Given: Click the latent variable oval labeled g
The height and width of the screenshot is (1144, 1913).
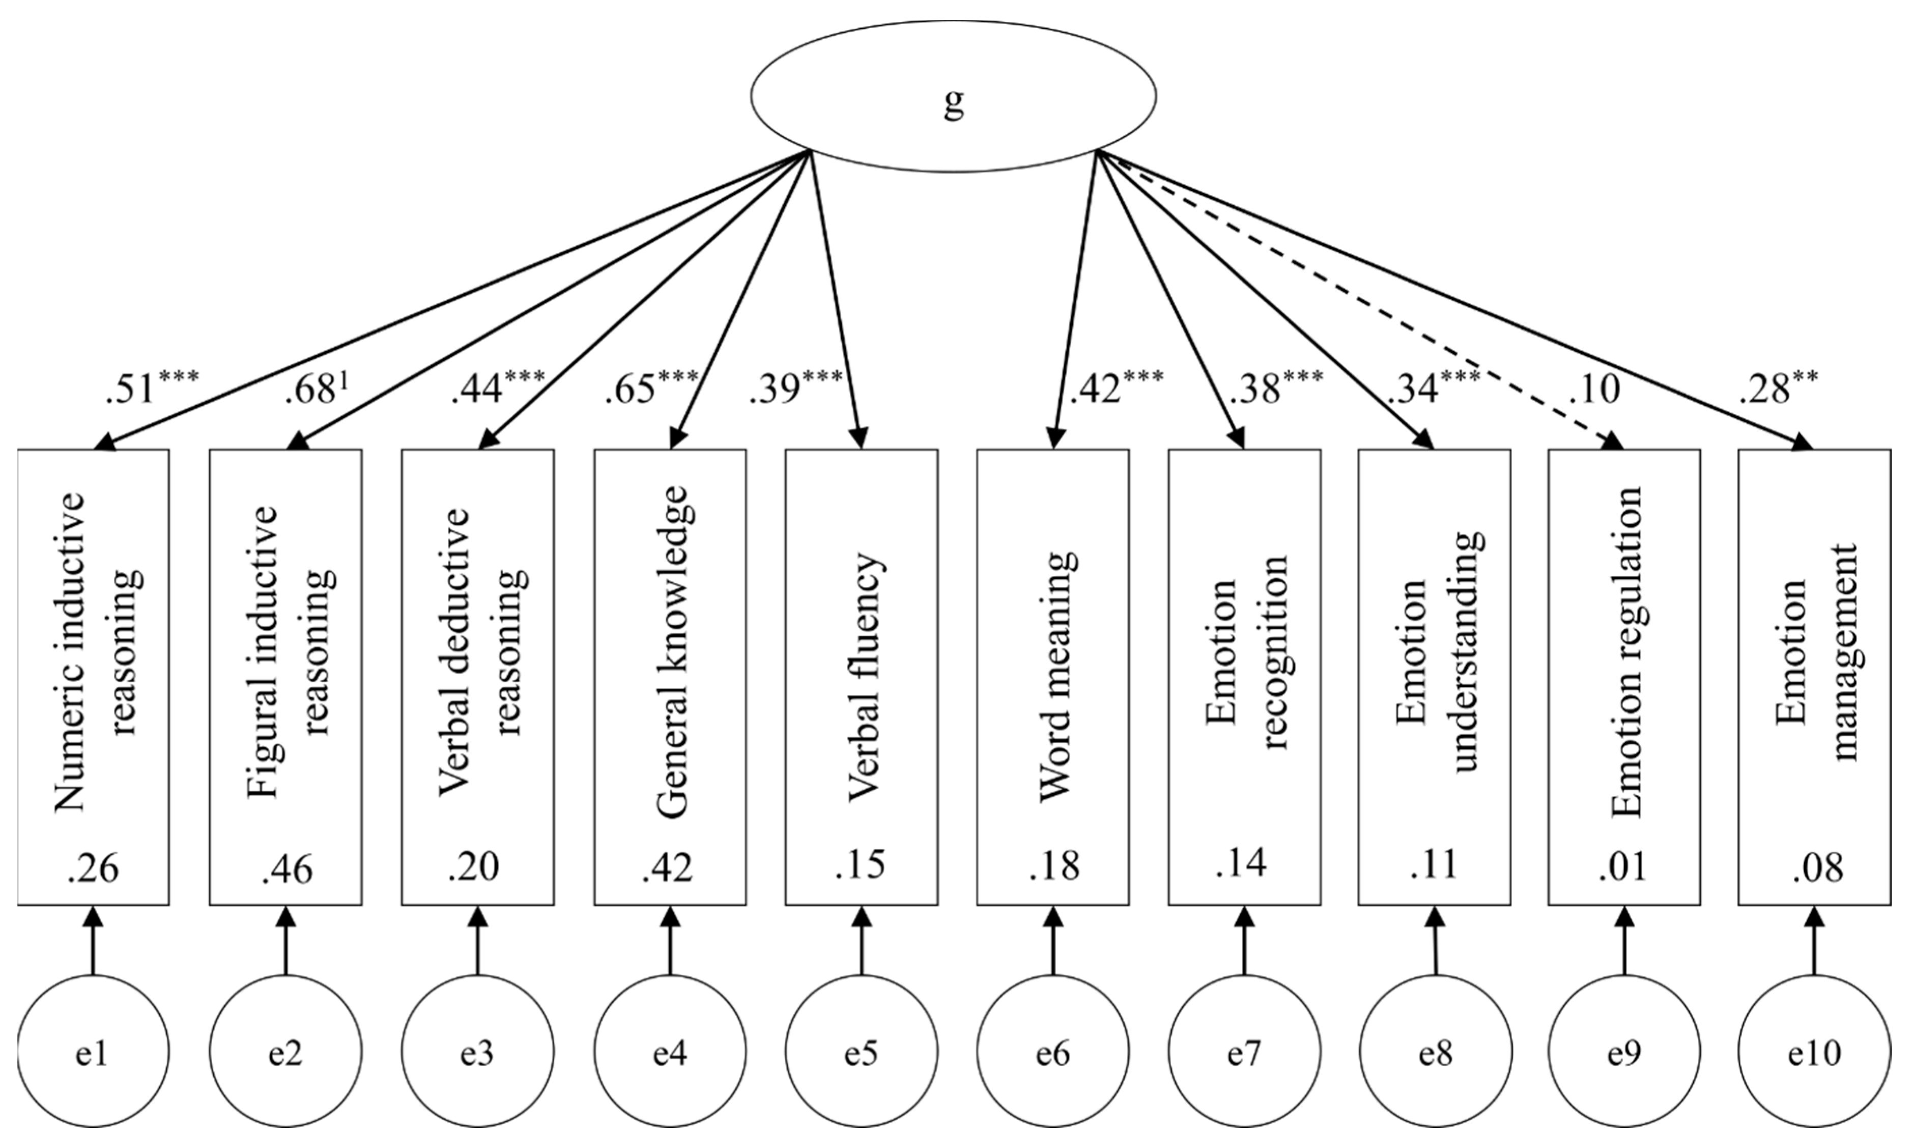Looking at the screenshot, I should pyautogui.click(x=953, y=96).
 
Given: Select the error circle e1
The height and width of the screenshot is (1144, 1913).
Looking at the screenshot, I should pyautogui.click(x=93, y=1053).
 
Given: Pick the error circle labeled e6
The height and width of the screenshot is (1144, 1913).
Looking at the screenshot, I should pyautogui.click(x=1052, y=1053).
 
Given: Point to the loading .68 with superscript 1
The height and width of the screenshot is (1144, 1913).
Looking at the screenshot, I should pyautogui.click(x=318, y=390).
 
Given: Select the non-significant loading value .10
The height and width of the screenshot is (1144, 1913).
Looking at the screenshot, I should pyautogui.click(x=1593, y=390).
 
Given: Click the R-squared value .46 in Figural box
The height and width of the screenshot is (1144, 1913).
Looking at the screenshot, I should pyautogui.click(x=287, y=870).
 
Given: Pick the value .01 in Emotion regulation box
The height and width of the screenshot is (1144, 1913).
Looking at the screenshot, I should pyautogui.click(x=1623, y=867).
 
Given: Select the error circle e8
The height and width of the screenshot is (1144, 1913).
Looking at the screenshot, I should pyautogui.click(x=1435, y=1053).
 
